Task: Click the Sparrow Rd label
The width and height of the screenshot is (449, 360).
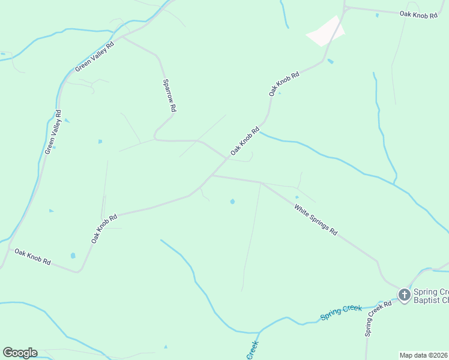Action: (169, 96)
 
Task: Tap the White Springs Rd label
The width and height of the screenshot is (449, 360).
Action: (316, 220)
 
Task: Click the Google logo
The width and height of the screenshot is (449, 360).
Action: (20, 353)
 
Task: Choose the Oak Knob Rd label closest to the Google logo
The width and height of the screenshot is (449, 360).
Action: (33, 257)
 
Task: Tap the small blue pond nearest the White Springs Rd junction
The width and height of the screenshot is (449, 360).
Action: (232, 201)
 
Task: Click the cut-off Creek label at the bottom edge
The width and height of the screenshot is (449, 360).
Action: (252, 351)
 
